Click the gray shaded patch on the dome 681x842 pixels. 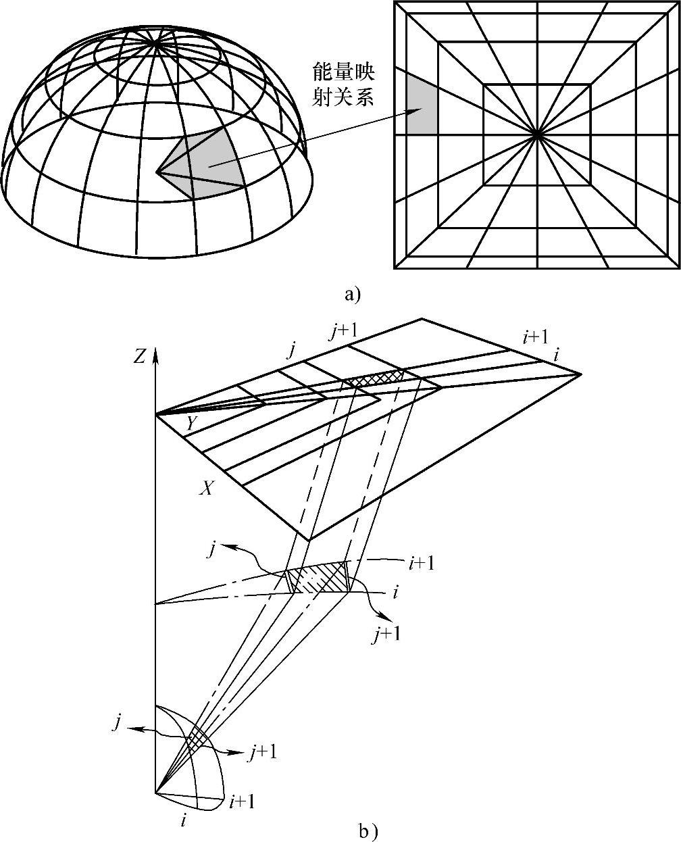[x=213, y=162]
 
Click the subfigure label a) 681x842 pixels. [x=353, y=295]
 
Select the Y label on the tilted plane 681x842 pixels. [x=192, y=423]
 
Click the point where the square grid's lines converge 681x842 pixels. [x=537, y=134]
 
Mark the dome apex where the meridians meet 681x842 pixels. [x=157, y=42]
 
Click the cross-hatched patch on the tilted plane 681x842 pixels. [x=376, y=378]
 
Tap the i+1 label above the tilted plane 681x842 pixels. [x=534, y=337]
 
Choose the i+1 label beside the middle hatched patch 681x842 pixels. [x=420, y=562]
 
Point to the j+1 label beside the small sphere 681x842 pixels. [x=262, y=753]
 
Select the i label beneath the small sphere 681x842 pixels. [x=184, y=820]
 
